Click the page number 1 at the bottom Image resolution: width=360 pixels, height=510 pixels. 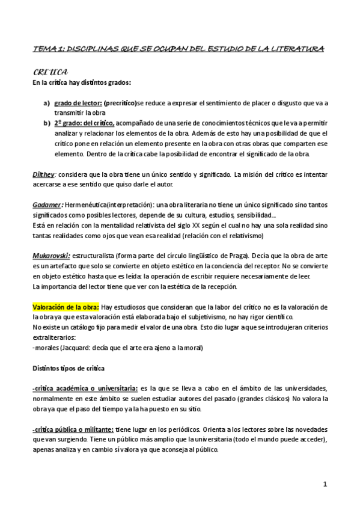[325, 484]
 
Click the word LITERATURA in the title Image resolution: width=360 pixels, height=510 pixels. [296, 48]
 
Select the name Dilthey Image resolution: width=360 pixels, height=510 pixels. [44, 174]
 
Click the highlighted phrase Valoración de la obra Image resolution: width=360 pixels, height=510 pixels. [66, 307]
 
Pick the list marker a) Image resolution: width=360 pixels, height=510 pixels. [47, 103]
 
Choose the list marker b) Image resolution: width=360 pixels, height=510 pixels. [47, 123]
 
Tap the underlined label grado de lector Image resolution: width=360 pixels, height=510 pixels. [82, 103]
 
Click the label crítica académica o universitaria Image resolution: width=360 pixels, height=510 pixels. [85, 388]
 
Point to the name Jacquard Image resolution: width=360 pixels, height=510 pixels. [75, 347]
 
